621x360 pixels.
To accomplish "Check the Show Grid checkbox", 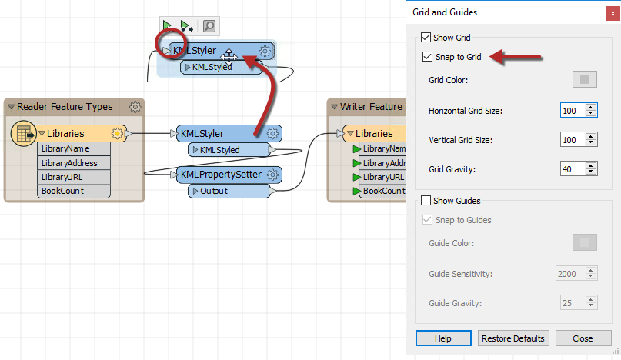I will pos(426,37).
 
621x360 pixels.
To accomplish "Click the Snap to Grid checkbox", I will pos(427,57).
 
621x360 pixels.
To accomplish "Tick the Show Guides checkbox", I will pos(426,201).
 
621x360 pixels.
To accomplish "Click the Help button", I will pos(442,338).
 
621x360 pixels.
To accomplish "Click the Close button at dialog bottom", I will pos(583,338).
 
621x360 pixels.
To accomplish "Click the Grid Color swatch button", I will pos(585,79).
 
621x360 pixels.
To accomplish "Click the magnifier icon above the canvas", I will pos(209,26).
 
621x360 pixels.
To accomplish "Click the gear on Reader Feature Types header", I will pos(135,107).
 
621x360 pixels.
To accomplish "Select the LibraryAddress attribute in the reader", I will pos(70,163).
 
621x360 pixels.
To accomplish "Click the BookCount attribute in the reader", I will pos(63,191).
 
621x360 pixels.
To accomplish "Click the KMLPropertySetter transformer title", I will pos(221,175).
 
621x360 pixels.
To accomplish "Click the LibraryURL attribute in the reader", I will pos(63,177).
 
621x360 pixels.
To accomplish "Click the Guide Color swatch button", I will pos(585,243).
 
